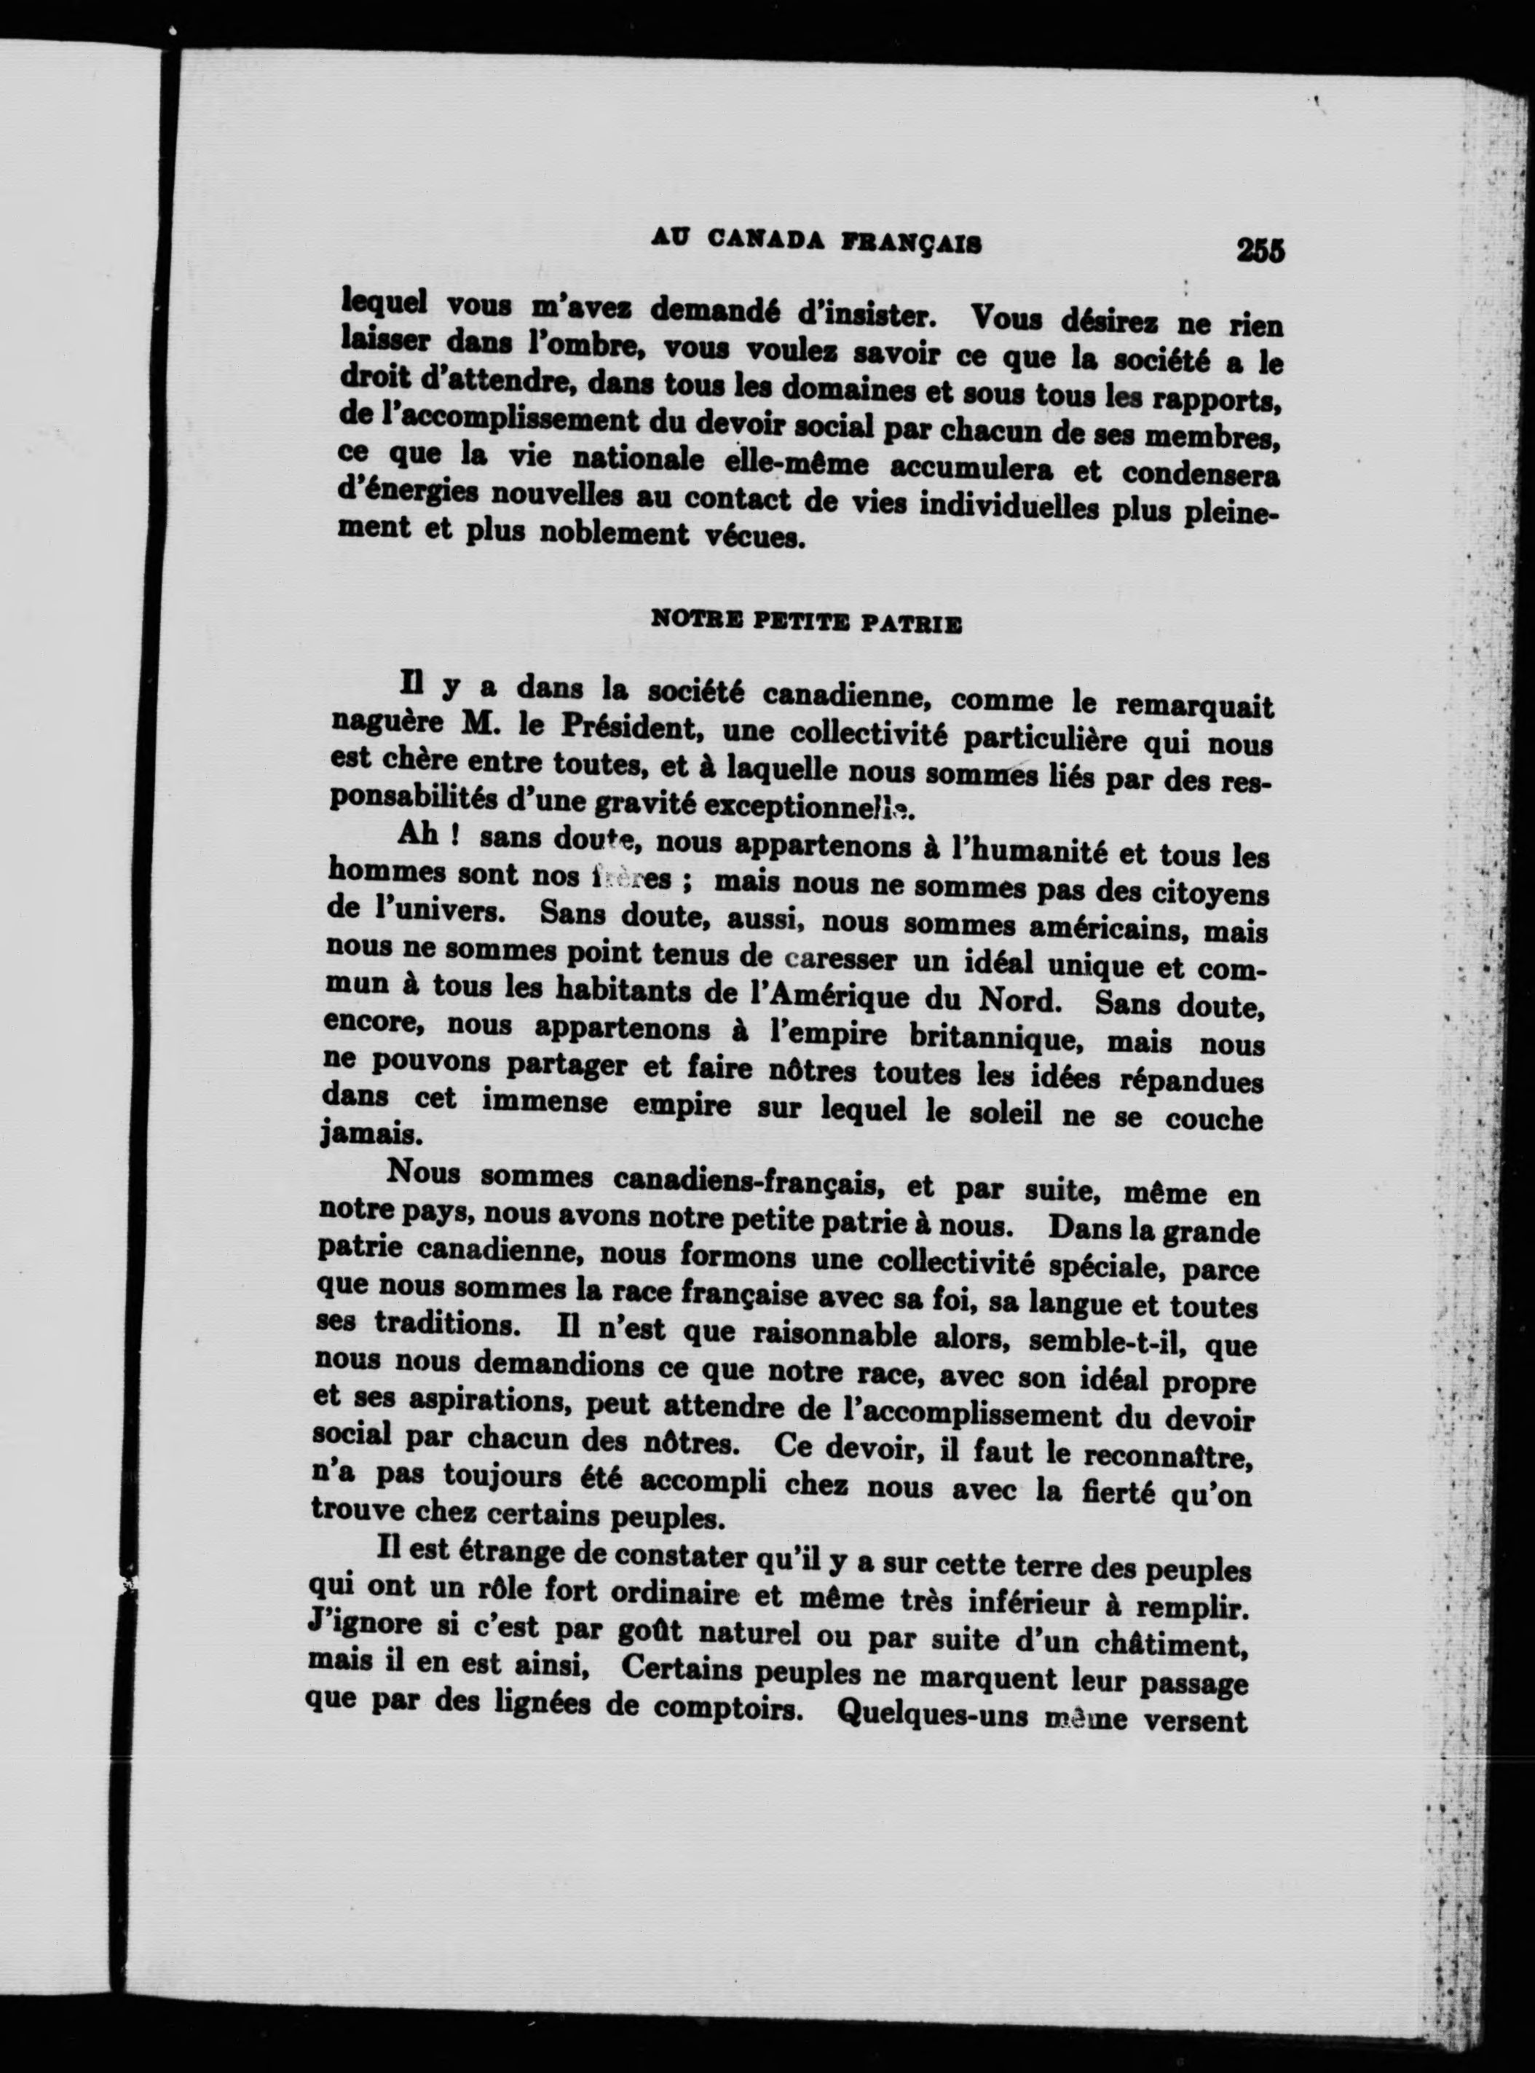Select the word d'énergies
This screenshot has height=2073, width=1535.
410,492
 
